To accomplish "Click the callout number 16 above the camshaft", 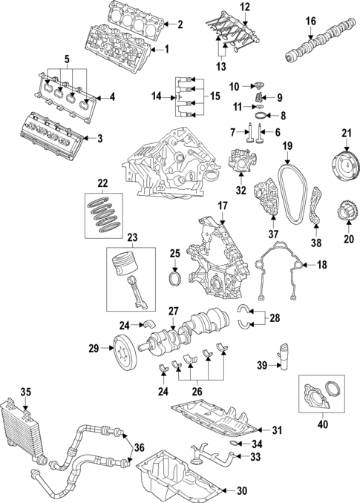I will point(311,20).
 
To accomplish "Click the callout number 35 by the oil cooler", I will point(25,392).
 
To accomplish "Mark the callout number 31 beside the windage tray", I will point(277,431).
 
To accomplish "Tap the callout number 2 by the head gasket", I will point(179,24).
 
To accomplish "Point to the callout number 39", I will point(261,366).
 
